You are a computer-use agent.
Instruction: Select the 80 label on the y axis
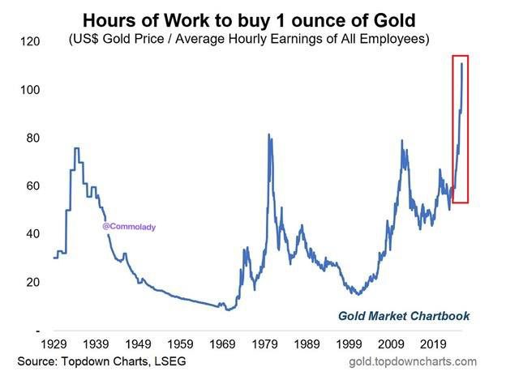[31, 138]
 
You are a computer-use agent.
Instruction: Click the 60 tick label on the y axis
[31, 186]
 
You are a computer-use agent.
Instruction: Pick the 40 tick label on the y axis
[31, 234]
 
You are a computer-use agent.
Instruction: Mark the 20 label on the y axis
[31, 282]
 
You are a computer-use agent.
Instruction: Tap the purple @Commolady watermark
[129, 227]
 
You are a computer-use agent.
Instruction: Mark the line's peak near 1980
[268, 134]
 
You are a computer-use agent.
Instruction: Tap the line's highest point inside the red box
[461, 63]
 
